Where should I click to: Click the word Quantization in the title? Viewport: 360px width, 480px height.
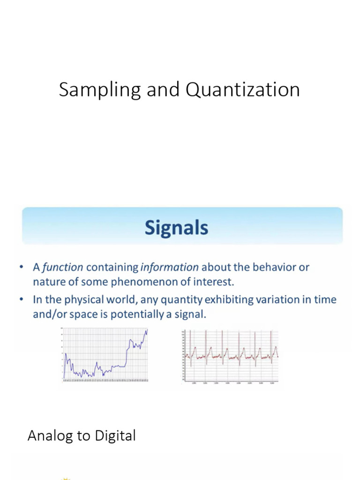(x=242, y=90)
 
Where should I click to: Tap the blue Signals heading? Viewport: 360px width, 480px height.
(x=176, y=228)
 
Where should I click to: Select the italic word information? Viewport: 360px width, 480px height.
(x=169, y=267)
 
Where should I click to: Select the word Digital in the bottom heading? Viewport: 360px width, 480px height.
(x=115, y=435)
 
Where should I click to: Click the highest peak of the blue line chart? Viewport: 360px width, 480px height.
(x=147, y=330)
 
